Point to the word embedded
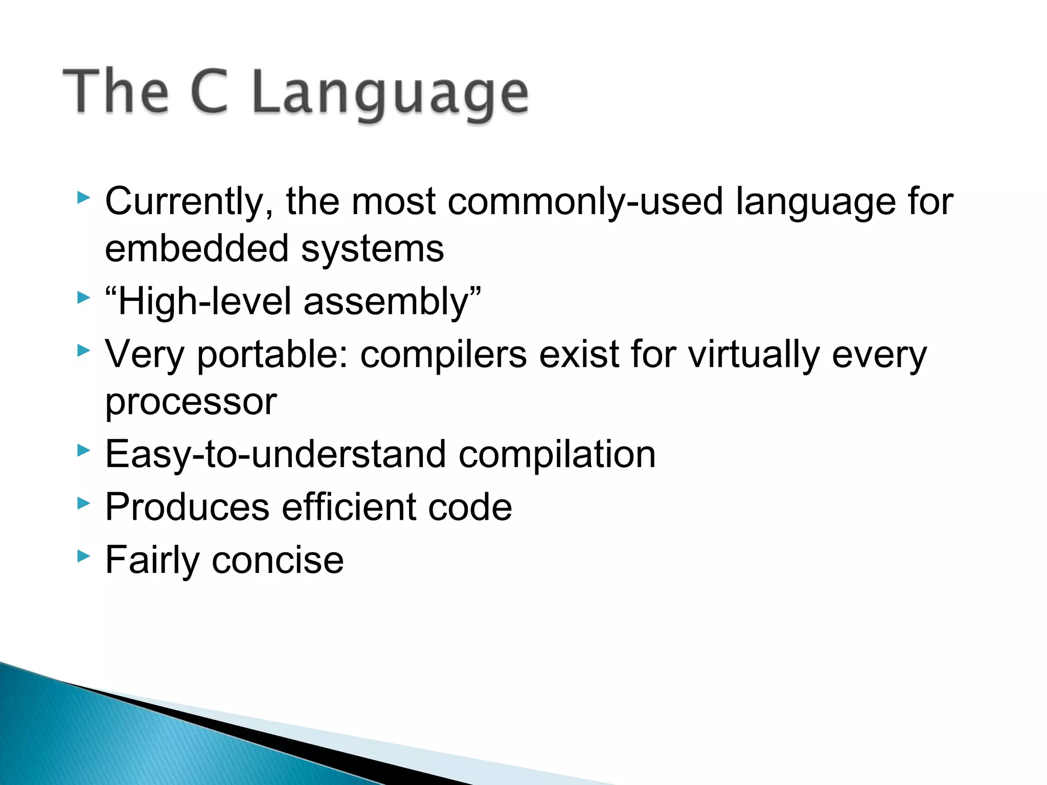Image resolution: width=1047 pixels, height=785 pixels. (x=197, y=249)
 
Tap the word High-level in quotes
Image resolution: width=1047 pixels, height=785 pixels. (x=204, y=302)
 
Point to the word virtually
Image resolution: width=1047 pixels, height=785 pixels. (x=754, y=355)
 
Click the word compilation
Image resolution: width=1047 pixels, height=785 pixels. (x=557, y=455)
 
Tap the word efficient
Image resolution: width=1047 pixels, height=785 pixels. (x=349, y=507)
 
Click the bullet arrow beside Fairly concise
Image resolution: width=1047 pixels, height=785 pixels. (x=83, y=556)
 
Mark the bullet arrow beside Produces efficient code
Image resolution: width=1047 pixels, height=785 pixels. (x=83, y=503)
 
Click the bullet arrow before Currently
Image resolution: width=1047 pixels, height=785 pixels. (x=83, y=198)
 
